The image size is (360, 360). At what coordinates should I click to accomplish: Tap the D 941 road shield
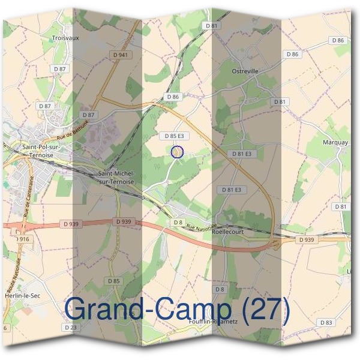120,55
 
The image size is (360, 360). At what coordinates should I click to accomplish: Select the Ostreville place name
245,71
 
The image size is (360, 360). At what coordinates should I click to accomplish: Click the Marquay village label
335,142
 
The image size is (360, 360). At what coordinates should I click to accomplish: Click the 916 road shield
24,239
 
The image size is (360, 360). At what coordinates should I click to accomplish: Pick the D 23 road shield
70,327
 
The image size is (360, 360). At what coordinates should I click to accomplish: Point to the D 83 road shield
326,322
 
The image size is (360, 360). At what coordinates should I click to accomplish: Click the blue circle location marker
176,152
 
